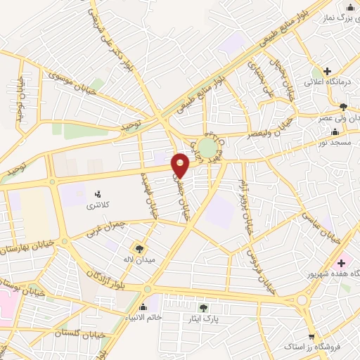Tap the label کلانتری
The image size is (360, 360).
[98, 205]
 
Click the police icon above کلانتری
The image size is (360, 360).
[98, 193]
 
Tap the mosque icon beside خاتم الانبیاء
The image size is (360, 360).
[143, 307]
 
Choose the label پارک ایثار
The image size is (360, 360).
[205, 319]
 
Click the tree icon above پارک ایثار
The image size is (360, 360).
[204, 307]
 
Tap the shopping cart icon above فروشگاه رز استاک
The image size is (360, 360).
[311, 336]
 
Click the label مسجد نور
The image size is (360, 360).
[335, 143]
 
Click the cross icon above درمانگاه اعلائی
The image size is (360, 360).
[327, 70]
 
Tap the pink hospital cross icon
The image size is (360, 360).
[340, 262]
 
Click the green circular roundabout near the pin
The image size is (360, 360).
[207, 148]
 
